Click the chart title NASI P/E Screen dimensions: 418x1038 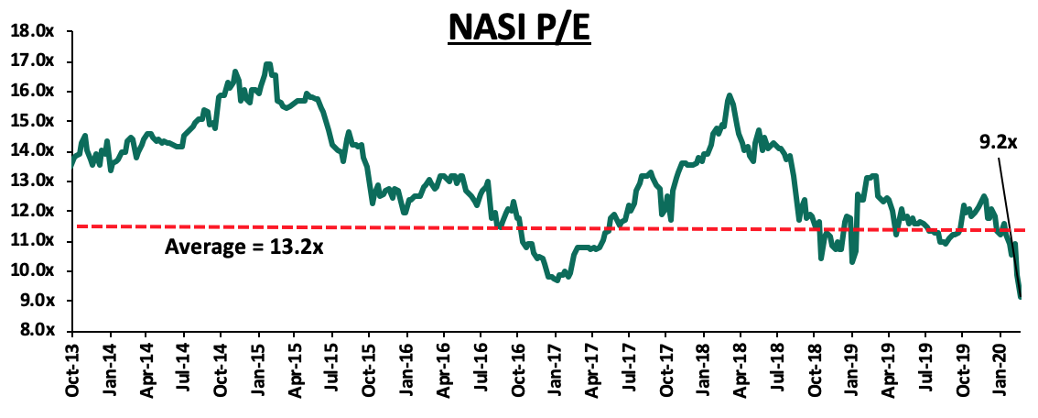(519, 29)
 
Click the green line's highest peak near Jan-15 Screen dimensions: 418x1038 (267, 64)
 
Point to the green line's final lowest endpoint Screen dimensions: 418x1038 (1020, 296)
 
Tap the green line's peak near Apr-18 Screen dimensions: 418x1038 (729, 95)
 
